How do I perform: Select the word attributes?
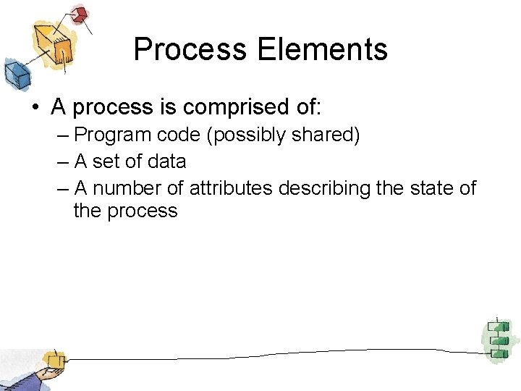coord(231,188)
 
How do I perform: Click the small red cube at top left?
coord(80,14)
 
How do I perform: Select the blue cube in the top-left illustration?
coord(16,73)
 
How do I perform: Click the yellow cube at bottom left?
coord(53,360)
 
